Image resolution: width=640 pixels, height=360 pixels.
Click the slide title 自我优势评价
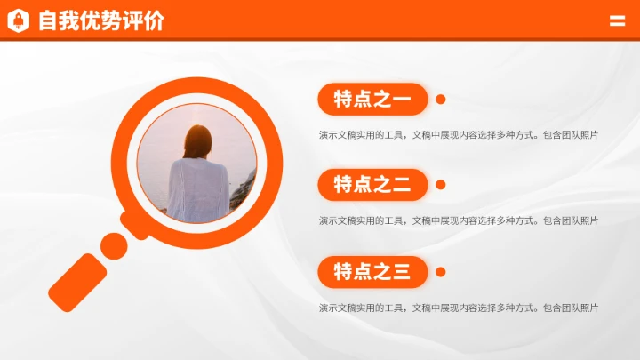100,20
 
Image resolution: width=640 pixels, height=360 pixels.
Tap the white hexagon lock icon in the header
19,20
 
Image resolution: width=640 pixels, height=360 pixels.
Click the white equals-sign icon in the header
617,21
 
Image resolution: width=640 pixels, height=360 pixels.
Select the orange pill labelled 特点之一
372,100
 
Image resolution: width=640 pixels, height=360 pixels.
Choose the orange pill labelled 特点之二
372,185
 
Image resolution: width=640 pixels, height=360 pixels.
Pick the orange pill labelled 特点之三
372,271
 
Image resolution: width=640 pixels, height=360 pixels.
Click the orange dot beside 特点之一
441,100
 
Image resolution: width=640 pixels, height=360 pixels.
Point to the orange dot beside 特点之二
441,185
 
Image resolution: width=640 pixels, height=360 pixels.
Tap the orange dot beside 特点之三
441,271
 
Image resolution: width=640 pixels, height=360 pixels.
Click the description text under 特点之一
458,135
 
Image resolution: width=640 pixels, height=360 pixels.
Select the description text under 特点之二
458,220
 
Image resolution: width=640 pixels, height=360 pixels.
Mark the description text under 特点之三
458,308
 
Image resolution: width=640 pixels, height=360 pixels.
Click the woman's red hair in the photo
197,140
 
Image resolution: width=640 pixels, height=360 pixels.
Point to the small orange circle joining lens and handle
114,245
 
